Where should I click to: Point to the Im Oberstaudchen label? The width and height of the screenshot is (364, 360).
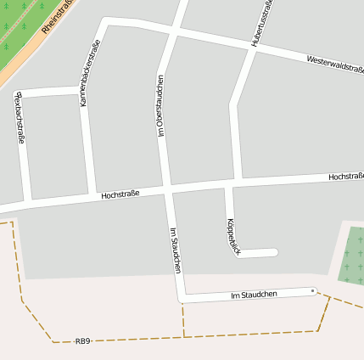(160, 105)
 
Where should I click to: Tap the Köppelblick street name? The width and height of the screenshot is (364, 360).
(233, 236)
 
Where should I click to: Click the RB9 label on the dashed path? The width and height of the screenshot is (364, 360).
(82, 341)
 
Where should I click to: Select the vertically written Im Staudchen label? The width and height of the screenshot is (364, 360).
(175, 250)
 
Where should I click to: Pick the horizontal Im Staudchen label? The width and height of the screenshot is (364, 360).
(254, 295)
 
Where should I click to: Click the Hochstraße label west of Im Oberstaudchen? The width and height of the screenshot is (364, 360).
(120, 194)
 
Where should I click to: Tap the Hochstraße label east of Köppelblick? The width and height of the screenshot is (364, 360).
(345, 177)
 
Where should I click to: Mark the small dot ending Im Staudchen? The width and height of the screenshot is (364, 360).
(313, 291)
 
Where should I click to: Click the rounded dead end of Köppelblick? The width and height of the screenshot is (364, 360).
(272, 252)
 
